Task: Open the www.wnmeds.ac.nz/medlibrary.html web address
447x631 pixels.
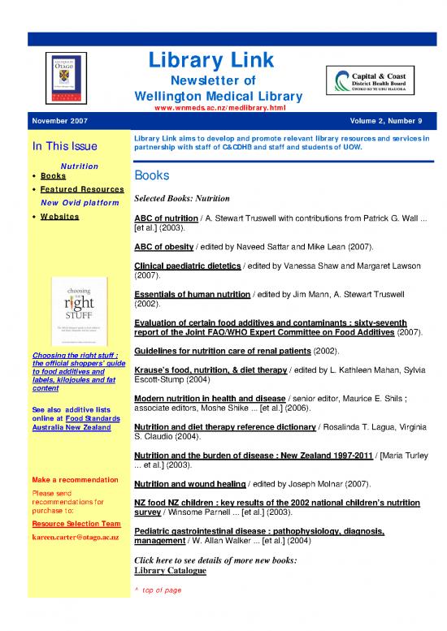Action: [211, 108]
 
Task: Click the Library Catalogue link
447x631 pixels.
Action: [169, 571]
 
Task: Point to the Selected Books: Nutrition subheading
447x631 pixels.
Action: [183, 199]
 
